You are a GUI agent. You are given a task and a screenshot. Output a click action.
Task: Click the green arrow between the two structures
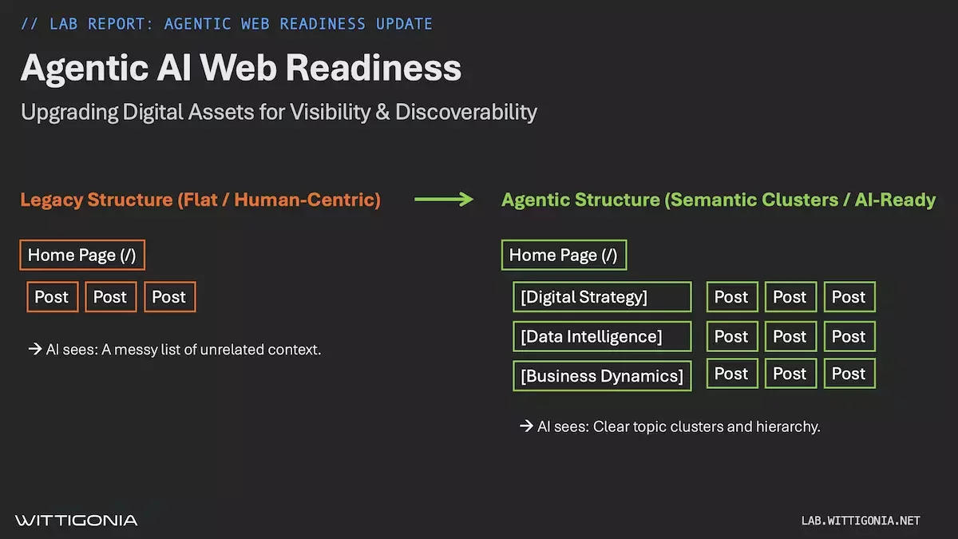tap(444, 200)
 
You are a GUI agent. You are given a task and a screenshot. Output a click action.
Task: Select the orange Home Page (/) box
tap(82, 255)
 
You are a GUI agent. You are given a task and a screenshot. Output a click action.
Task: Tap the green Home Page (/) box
tap(564, 255)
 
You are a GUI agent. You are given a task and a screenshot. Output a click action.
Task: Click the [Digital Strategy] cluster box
tap(602, 297)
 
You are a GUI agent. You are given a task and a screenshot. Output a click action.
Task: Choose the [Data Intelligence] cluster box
tap(602, 336)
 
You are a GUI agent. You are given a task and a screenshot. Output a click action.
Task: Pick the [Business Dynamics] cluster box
tap(602, 375)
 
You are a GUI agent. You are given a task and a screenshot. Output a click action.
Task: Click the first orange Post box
tap(52, 297)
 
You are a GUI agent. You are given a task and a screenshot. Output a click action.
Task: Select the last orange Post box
tap(169, 297)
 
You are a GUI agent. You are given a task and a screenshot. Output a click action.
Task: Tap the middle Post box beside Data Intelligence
tap(790, 336)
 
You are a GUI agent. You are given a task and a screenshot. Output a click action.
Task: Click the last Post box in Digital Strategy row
tap(849, 297)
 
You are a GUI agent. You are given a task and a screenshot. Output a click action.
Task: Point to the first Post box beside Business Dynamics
tap(731, 374)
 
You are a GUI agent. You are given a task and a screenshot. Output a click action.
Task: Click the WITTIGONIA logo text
tap(77, 521)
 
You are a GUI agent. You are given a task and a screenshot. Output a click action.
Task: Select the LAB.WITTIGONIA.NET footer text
tap(861, 521)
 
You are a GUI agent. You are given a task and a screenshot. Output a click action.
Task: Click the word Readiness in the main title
tap(374, 68)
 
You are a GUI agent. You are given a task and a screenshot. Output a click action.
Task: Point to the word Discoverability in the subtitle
tap(466, 112)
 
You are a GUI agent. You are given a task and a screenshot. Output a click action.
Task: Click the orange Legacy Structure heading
tap(200, 200)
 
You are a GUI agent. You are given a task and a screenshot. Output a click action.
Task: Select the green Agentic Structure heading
tap(718, 200)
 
